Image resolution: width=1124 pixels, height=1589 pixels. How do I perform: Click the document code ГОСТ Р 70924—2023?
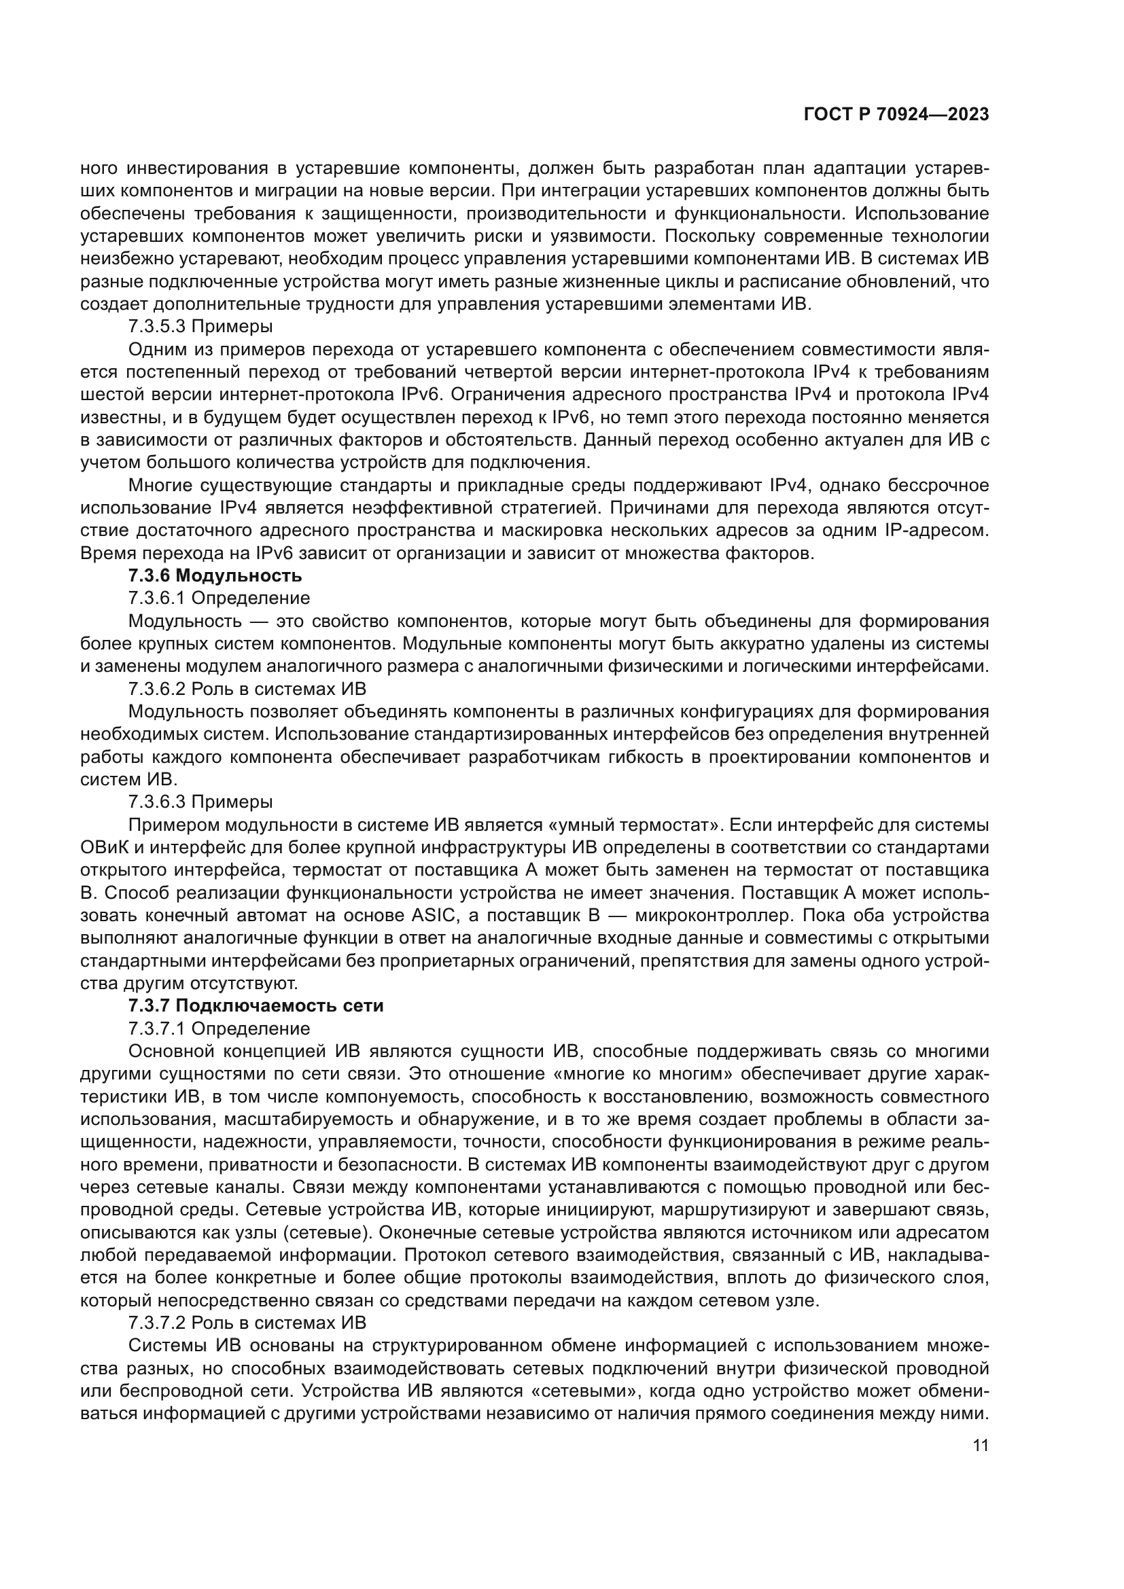pyautogui.click(x=896, y=114)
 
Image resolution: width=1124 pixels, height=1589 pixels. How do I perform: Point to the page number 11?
pyautogui.click(x=980, y=1446)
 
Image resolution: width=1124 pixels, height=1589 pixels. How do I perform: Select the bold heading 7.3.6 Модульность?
pyautogui.click(x=215, y=576)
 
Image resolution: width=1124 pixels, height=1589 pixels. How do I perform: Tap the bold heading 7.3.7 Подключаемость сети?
pyautogui.click(x=256, y=1005)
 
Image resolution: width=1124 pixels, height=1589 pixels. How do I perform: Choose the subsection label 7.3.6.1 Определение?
pyautogui.click(x=219, y=598)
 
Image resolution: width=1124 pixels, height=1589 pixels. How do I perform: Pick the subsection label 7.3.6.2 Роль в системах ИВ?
pyautogui.click(x=247, y=689)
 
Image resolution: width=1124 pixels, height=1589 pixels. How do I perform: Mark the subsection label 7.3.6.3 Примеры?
pyautogui.click(x=200, y=802)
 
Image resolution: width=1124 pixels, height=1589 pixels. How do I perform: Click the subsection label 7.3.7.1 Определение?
pyautogui.click(x=219, y=1029)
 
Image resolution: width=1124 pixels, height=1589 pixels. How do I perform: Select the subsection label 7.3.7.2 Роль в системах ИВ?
pyautogui.click(x=247, y=1323)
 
